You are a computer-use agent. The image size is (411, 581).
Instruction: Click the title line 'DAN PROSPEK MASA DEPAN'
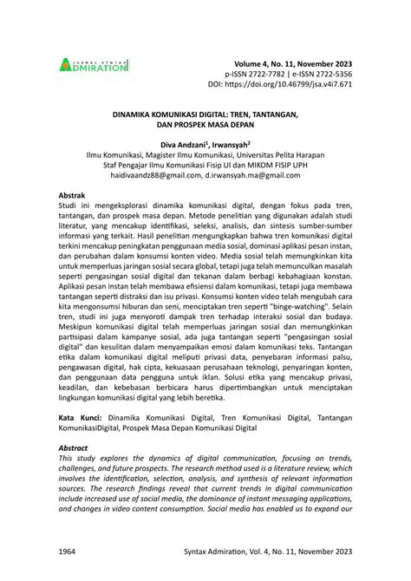[205, 125]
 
